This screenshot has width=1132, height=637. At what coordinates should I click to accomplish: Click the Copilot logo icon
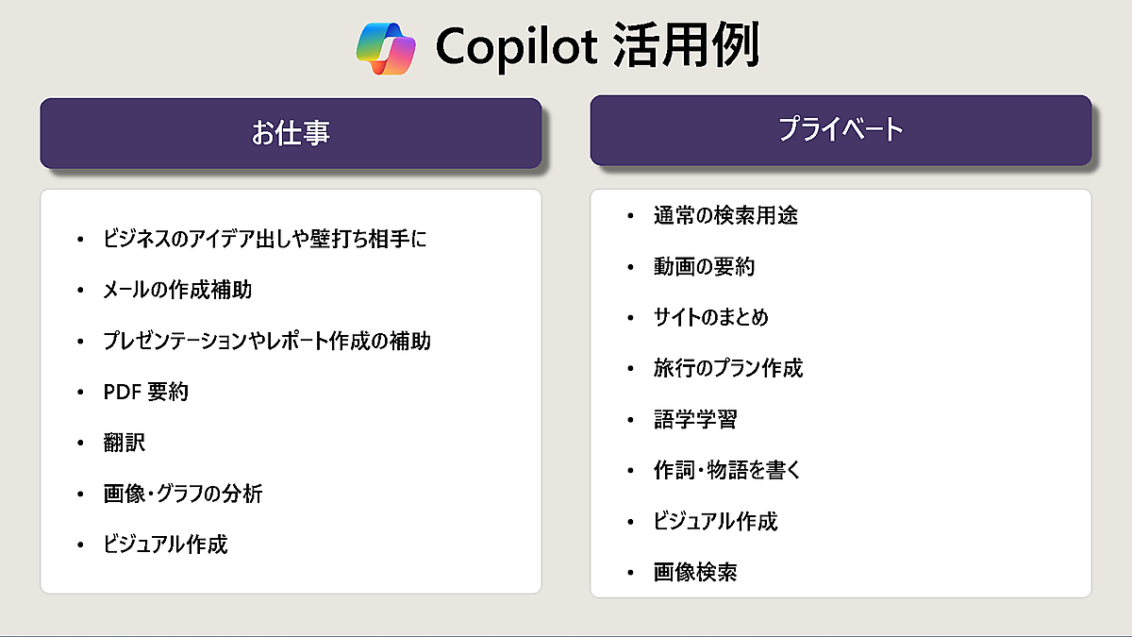click(386, 48)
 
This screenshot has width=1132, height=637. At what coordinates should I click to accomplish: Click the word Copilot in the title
click(517, 47)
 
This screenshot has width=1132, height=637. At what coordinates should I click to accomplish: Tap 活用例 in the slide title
click(687, 45)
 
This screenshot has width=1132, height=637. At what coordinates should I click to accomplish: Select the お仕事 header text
click(291, 133)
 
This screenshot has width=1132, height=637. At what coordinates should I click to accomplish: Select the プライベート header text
click(841, 129)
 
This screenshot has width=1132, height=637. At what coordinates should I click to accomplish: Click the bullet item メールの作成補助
click(177, 291)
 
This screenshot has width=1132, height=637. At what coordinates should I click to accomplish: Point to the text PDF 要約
click(145, 392)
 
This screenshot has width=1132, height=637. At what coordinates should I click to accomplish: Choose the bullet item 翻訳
click(125, 443)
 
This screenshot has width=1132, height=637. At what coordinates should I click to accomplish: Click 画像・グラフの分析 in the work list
click(183, 494)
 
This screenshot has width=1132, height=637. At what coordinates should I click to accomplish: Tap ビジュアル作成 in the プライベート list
click(716, 521)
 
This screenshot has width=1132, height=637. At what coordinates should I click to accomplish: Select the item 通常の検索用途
click(725, 216)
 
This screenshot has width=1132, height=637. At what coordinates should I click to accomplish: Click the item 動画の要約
click(704, 267)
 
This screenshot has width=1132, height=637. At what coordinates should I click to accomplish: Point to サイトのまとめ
click(711, 317)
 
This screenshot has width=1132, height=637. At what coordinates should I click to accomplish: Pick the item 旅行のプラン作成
click(728, 369)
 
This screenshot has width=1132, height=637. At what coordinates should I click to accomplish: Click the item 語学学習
click(695, 420)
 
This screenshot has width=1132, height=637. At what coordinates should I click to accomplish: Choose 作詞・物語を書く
click(727, 470)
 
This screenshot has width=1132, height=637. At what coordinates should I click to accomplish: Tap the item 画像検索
click(695, 572)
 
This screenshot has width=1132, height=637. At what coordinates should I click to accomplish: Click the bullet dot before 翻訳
click(80, 444)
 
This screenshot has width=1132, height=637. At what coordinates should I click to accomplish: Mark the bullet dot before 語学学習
click(630, 420)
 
